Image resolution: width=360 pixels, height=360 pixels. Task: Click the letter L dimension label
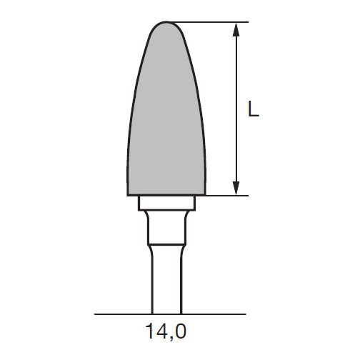[254, 109]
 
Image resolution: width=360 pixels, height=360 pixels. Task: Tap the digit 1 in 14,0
[150, 331]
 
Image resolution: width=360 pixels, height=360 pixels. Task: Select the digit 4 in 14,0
[161, 331]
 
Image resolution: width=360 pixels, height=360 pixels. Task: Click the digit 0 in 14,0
[180, 331]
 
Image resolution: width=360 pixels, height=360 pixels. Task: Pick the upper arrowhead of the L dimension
[236, 30]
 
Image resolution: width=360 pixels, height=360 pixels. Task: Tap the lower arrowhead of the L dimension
[236, 188]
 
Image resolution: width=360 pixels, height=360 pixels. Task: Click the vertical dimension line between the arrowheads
[236, 109]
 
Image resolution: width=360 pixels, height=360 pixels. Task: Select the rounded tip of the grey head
[166, 22]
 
